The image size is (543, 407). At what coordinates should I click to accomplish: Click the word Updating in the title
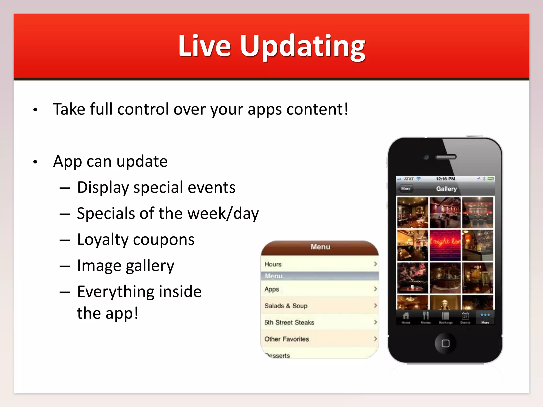click(303, 46)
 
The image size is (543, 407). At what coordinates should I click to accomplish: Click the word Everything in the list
click(116, 292)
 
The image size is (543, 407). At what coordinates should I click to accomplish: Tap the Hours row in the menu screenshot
click(320, 264)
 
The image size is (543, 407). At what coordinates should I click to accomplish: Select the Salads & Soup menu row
click(320, 306)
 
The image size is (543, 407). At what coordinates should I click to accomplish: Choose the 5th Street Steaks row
click(320, 322)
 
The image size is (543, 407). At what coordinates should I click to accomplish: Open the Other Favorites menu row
click(320, 339)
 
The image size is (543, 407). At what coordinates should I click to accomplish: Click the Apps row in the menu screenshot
click(320, 289)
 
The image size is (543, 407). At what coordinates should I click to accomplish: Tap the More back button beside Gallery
click(405, 189)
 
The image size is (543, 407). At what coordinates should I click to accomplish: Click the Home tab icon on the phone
click(406, 317)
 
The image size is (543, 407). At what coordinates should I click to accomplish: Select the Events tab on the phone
click(465, 317)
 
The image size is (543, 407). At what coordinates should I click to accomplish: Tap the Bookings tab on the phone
click(445, 317)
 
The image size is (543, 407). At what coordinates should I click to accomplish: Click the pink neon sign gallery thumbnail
click(445, 245)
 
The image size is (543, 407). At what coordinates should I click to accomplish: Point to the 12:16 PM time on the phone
click(445, 179)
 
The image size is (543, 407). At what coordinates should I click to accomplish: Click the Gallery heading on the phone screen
click(446, 189)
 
